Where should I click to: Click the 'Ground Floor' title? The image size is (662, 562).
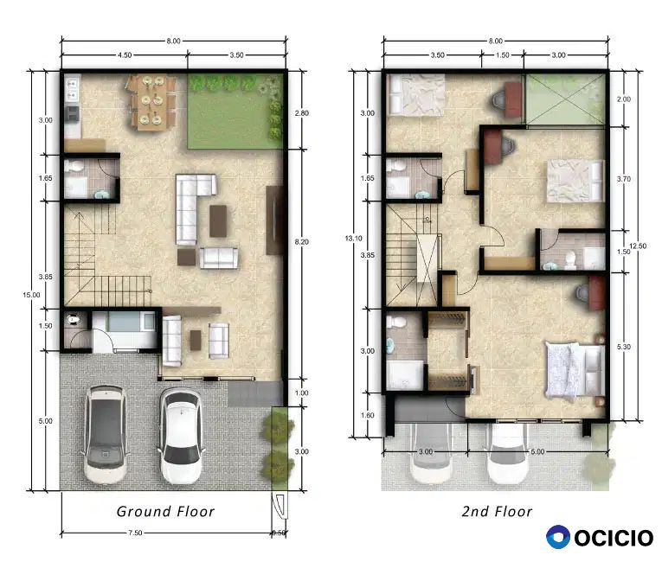[x=165, y=511]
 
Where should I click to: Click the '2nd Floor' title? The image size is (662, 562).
[x=497, y=511]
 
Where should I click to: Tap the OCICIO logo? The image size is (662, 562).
[x=600, y=538]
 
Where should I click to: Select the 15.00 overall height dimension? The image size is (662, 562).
[x=31, y=295]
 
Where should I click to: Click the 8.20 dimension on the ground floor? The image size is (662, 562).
[x=301, y=242]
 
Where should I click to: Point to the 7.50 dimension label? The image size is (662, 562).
[x=135, y=533]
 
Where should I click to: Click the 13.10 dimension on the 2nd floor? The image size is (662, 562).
[x=353, y=239]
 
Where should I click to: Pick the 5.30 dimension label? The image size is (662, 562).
[x=624, y=347]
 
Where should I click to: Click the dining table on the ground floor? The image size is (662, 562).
[x=151, y=103]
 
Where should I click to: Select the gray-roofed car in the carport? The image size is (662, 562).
[x=106, y=434]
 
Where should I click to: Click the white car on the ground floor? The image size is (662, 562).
[x=182, y=436]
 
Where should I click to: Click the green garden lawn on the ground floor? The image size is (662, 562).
[x=235, y=112]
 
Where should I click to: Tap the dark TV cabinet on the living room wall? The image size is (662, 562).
[x=274, y=220]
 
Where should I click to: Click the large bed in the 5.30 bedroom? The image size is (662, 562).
[x=575, y=371]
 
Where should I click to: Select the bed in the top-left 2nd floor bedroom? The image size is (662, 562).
[x=416, y=94]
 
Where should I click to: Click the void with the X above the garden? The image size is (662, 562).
[x=565, y=99]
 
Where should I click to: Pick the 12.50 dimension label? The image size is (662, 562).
[x=638, y=246]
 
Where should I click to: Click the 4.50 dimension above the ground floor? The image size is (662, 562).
[x=124, y=54]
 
